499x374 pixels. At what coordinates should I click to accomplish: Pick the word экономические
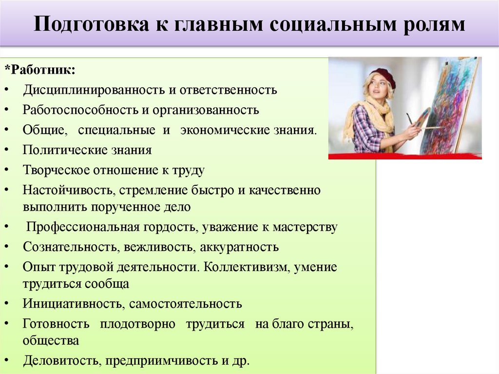click(224, 130)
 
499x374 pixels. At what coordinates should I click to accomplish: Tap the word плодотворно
click(137, 324)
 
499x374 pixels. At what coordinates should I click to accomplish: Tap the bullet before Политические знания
click(11, 150)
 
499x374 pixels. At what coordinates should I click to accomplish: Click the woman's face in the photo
click(378, 88)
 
